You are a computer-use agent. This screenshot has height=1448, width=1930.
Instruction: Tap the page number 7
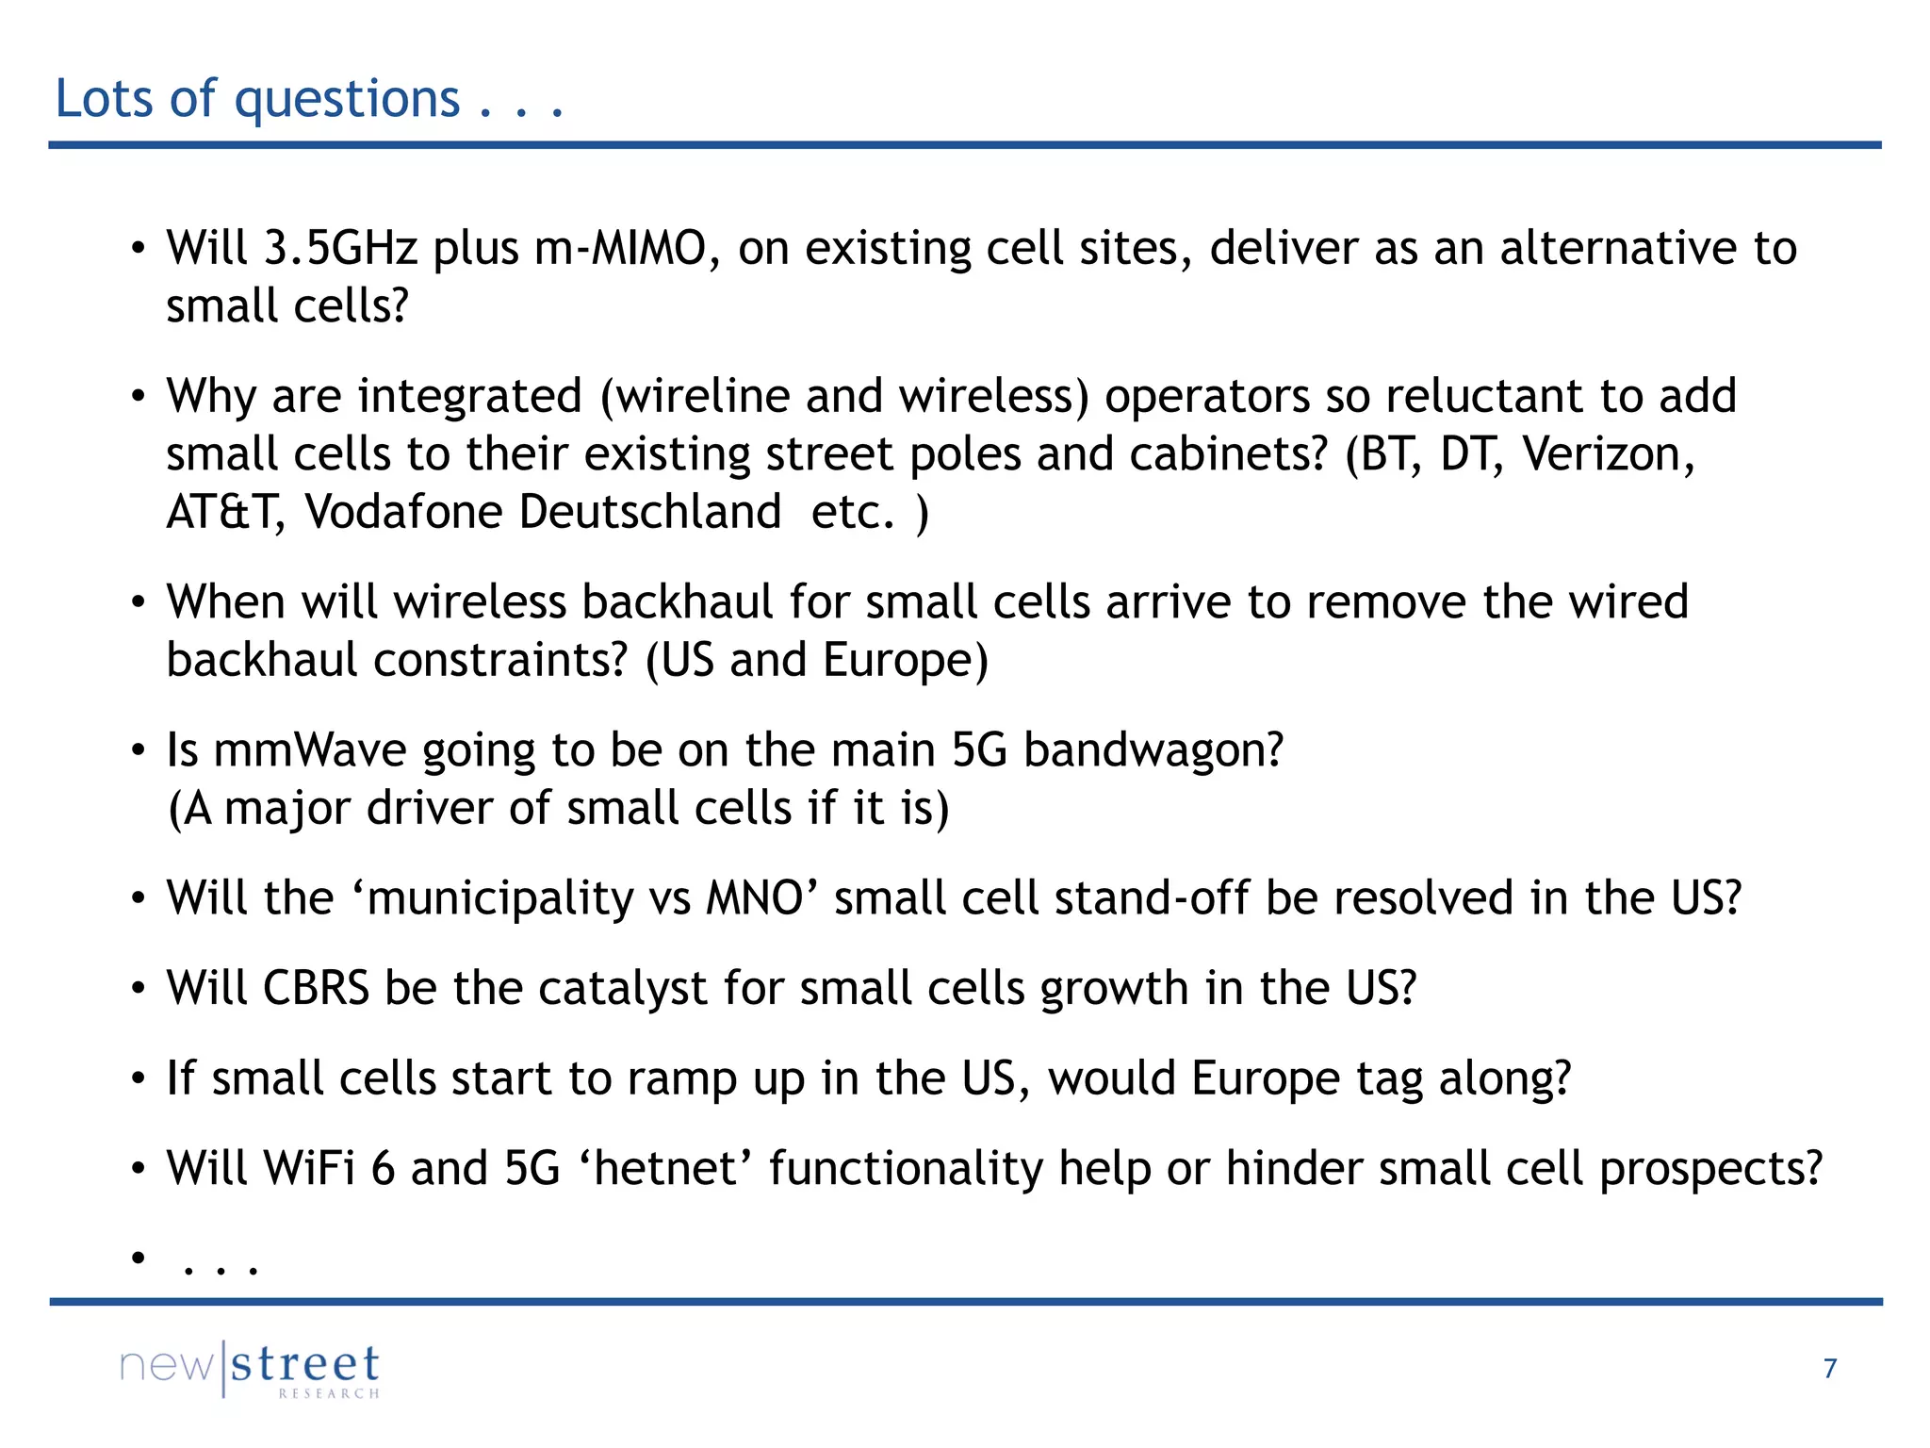coord(1829,1368)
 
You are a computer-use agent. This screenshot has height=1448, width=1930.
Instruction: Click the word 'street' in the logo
coord(305,1364)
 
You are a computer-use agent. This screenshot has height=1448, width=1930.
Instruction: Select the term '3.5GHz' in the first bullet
coord(340,249)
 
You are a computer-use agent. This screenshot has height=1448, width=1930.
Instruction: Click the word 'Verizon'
coord(1607,454)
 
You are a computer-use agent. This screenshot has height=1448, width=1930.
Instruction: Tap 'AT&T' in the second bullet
coord(225,513)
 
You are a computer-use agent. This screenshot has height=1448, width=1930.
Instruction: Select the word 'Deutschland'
coord(650,513)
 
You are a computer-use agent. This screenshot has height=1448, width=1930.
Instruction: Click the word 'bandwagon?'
coord(1153,751)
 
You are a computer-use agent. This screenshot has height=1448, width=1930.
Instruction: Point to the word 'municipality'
coord(499,898)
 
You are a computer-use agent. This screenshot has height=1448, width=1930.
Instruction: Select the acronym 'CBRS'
coord(315,989)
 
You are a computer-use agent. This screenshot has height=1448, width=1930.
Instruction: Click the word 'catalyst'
coord(622,989)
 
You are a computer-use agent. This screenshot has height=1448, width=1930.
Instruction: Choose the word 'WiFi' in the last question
coord(308,1169)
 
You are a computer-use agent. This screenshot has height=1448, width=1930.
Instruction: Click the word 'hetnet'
coord(666,1169)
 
